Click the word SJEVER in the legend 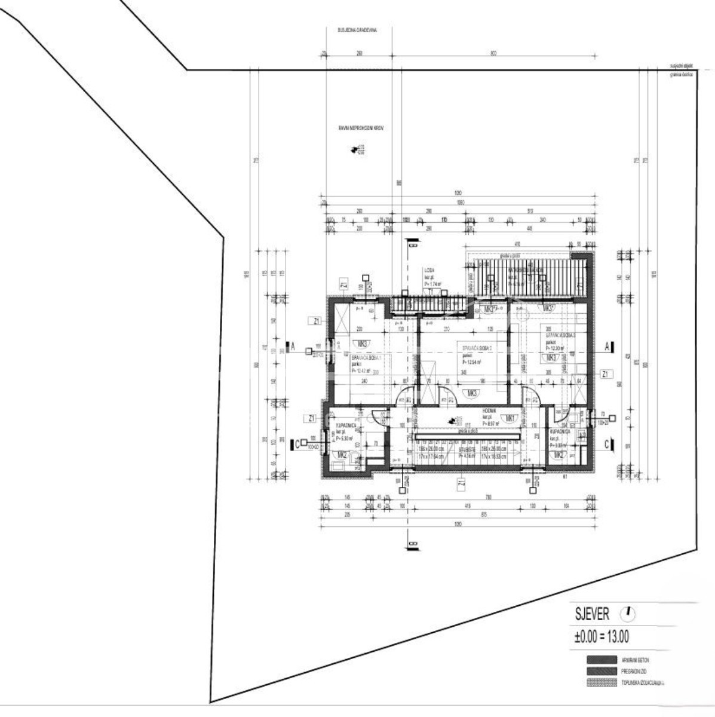(592, 614)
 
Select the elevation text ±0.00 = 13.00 (601, 637)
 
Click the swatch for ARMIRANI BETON (601, 660)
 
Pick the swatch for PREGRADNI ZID (601, 671)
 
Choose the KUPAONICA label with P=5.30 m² (347, 425)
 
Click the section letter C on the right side (607, 444)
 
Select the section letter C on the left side (297, 444)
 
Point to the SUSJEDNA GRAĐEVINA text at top (357, 29)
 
